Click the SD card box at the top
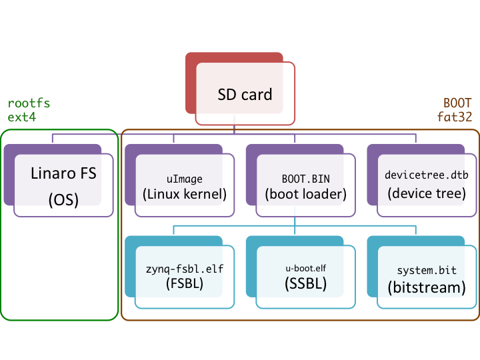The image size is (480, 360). click(x=245, y=94)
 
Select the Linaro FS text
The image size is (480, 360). click(x=63, y=174)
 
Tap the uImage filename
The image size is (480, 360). click(x=184, y=179)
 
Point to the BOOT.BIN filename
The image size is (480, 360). click(x=305, y=179)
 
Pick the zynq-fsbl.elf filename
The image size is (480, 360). click(x=184, y=269)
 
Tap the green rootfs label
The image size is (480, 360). click(x=29, y=103)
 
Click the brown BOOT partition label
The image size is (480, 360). click(x=457, y=103)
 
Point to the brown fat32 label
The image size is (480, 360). click(x=455, y=117)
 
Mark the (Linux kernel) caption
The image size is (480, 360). click(x=184, y=195)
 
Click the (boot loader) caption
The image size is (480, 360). click(x=305, y=195)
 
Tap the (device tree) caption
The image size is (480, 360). click(x=427, y=194)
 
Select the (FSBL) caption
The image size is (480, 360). click(x=184, y=285)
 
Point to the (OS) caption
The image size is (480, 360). click(x=63, y=200)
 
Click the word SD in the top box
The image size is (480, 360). click(x=227, y=95)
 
